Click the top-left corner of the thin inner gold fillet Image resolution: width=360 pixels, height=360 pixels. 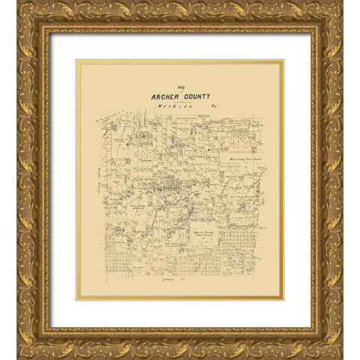click(77, 61)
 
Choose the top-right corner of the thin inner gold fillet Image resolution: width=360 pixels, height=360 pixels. click(283, 61)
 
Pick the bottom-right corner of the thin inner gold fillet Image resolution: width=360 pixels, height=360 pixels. click(283, 298)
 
